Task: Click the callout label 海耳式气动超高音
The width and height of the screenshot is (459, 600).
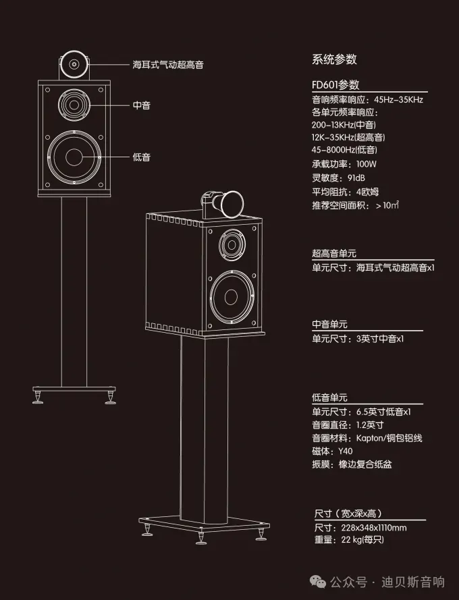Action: tap(168, 65)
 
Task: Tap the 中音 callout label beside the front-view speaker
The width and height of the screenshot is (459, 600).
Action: tap(142, 105)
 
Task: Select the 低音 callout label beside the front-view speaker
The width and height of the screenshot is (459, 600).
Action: tap(142, 157)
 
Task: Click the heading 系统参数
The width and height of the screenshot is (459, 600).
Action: tap(334, 59)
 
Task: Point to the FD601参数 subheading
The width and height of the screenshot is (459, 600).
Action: tap(335, 85)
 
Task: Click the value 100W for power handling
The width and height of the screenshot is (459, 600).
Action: tap(367, 163)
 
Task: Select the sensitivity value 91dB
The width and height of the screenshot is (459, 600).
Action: tap(358, 178)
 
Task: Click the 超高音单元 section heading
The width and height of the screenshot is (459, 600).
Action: tap(334, 254)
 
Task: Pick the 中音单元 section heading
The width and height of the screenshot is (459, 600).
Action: tap(330, 325)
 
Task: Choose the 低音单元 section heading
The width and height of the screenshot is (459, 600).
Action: tap(330, 398)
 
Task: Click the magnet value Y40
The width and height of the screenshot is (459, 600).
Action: tap(346, 452)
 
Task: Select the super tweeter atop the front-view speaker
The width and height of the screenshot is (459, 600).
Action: tap(73, 65)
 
